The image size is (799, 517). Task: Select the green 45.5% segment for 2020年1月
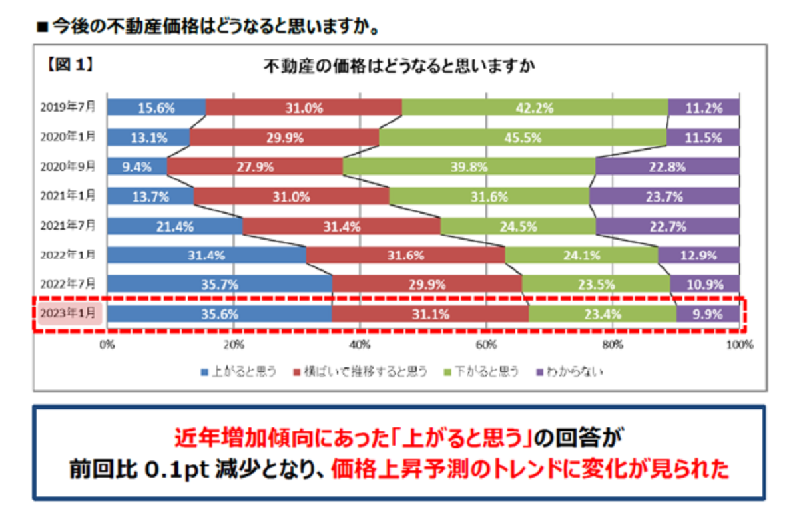[x=523, y=138]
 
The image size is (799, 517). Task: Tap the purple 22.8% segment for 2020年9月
[x=667, y=167]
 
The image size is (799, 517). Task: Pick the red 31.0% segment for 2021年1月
[x=292, y=196]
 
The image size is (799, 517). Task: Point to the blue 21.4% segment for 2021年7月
[x=174, y=226]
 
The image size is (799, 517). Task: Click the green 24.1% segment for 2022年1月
[x=581, y=255]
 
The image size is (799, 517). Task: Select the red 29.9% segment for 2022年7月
[x=427, y=284]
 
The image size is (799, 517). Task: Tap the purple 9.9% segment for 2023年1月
[x=708, y=315]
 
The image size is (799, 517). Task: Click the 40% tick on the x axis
[x=360, y=345]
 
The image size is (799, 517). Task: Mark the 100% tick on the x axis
[x=740, y=345]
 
